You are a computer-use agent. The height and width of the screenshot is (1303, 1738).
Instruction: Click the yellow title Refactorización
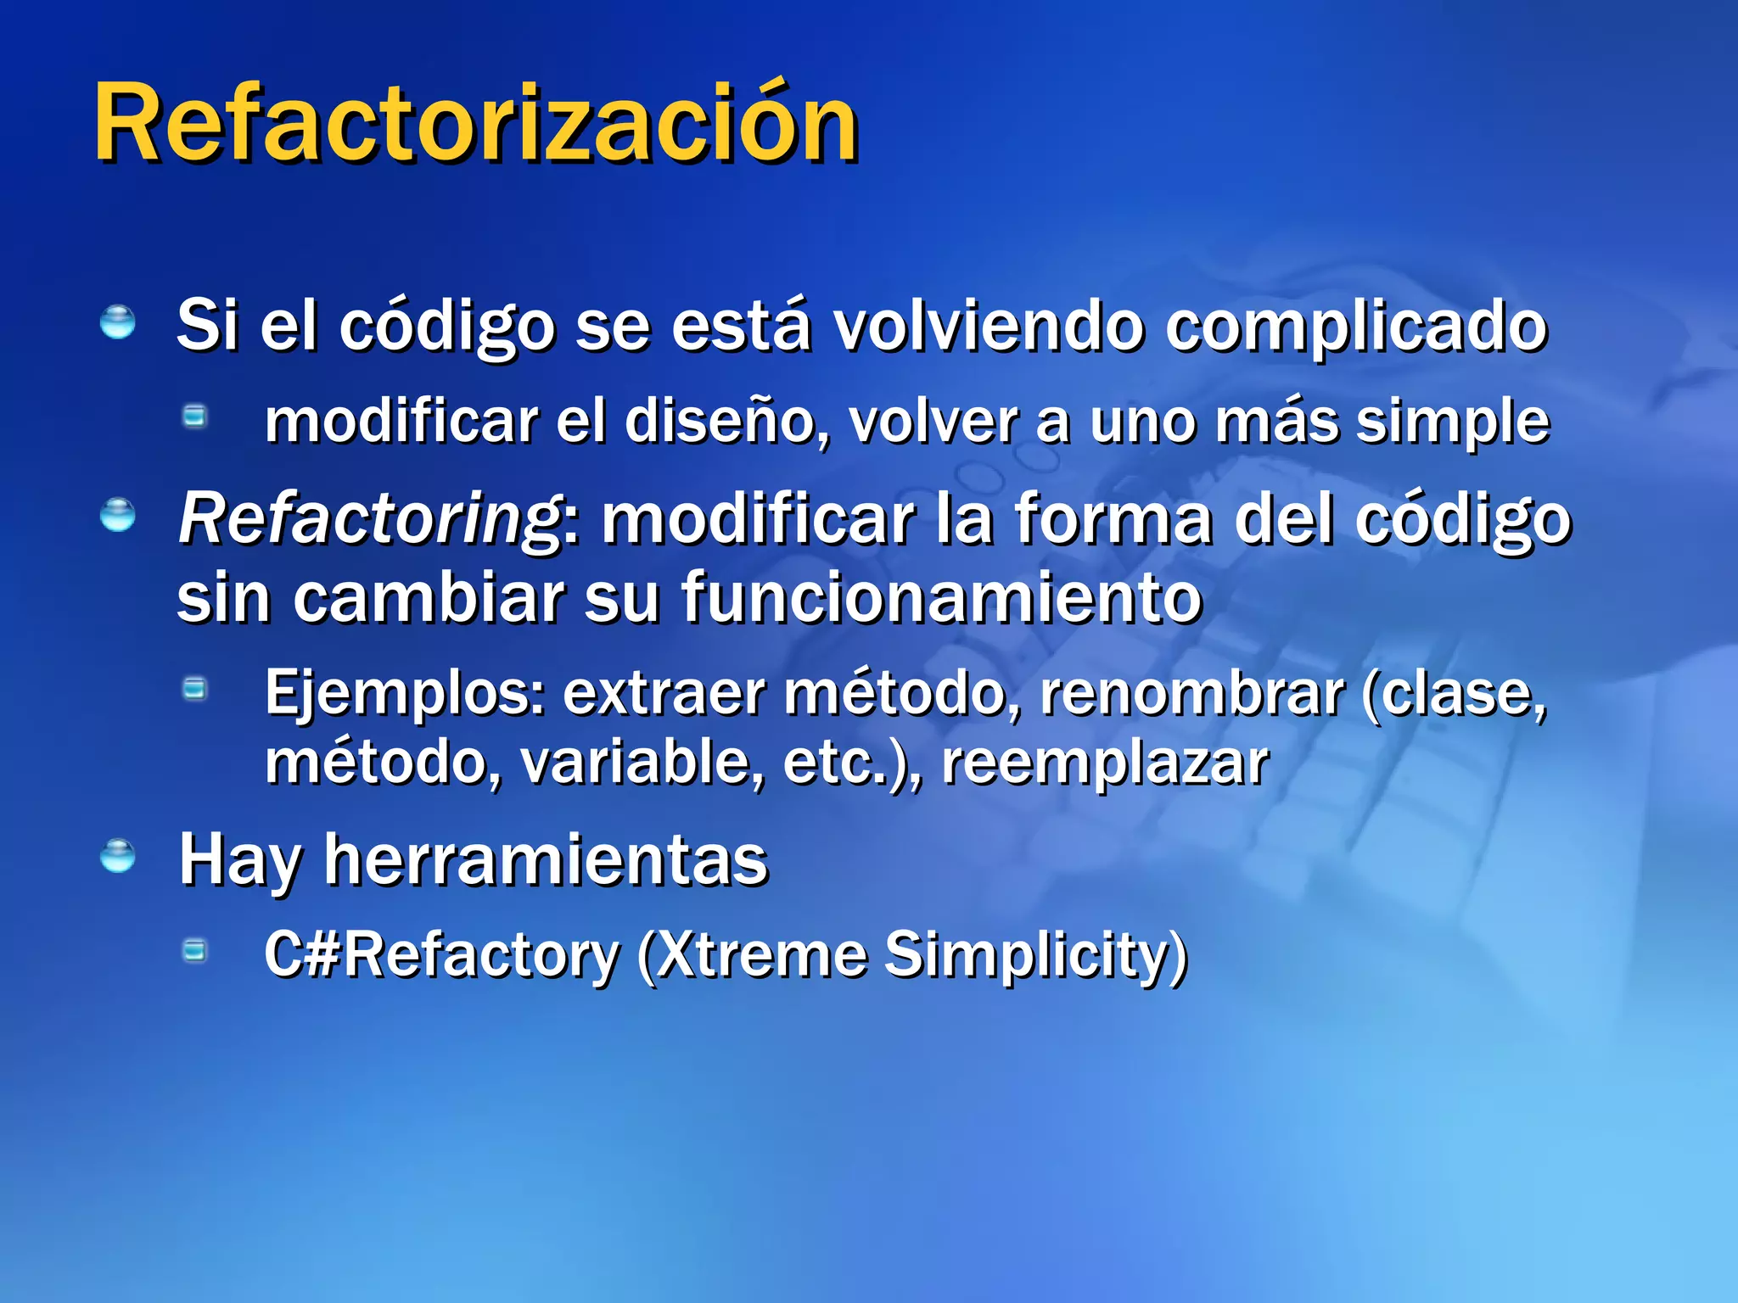click(x=475, y=124)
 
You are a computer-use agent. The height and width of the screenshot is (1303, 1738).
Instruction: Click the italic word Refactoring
click(x=370, y=519)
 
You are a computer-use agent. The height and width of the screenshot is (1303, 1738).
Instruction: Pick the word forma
click(x=1113, y=519)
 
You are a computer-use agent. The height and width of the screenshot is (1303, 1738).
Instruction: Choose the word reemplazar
click(x=1105, y=763)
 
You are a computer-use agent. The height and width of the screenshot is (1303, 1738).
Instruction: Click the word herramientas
click(x=546, y=860)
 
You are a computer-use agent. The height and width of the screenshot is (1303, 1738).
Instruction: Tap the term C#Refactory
click(x=441, y=955)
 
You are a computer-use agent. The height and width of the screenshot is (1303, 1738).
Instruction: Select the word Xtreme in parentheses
click(x=760, y=955)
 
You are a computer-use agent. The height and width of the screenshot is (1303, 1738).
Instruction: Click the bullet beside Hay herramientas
click(x=117, y=856)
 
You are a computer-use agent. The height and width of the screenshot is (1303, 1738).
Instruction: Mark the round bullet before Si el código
click(x=117, y=323)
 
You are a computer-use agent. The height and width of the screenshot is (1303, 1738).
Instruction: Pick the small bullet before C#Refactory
click(x=195, y=950)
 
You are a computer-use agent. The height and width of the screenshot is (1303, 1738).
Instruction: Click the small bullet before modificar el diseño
click(x=195, y=416)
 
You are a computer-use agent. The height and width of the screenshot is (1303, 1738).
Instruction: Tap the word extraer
click(x=664, y=694)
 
